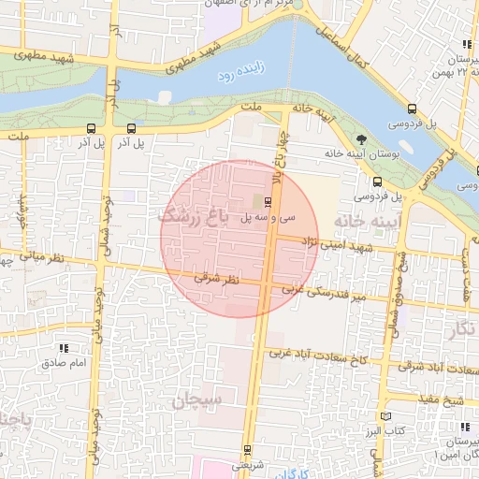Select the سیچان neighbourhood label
click(197, 400)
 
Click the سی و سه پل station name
click(268, 217)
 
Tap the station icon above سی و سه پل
click(269, 201)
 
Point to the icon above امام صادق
click(65, 348)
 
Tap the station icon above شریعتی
click(247, 450)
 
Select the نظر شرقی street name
click(217, 279)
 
